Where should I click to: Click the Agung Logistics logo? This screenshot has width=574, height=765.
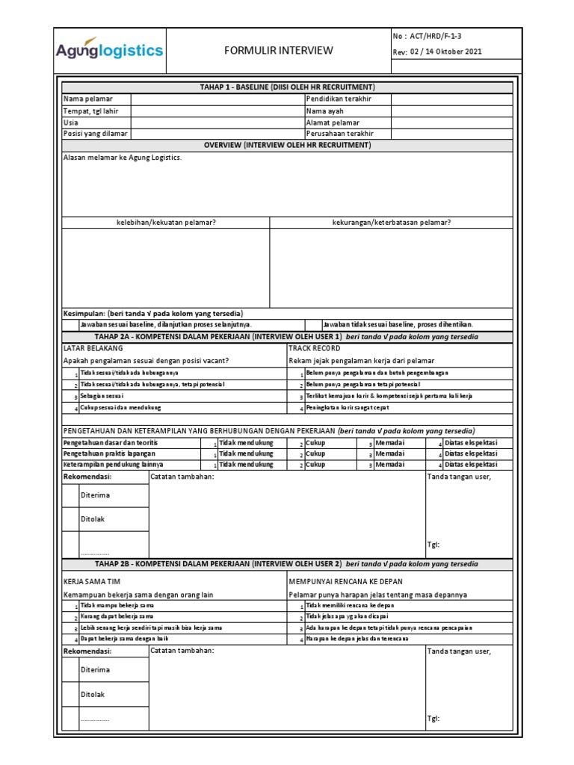point(109,51)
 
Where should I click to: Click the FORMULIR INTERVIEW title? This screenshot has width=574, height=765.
point(279,51)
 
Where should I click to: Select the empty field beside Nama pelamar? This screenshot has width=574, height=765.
point(217,99)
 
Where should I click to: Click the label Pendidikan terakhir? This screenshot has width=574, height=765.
point(339,99)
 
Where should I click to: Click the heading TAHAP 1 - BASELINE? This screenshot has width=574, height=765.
point(287,87)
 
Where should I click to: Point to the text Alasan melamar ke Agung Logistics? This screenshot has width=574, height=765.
point(123,158)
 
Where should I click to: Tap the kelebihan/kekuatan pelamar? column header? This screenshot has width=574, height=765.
point(166,222)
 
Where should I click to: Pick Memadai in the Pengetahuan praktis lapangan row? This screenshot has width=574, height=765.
point(389,453)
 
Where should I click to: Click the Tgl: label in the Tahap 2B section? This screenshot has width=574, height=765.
point(433,718)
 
